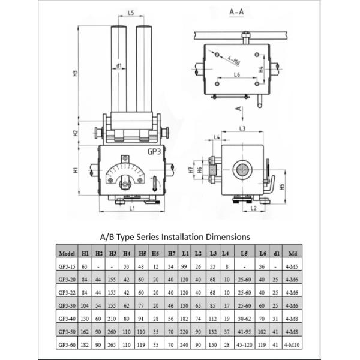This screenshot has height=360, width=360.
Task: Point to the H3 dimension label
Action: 76,73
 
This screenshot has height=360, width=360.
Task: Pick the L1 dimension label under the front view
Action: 132,207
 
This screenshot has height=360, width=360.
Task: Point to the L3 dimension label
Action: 242,128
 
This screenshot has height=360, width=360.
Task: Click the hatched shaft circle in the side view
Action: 242,170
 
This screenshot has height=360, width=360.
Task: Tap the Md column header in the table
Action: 293,253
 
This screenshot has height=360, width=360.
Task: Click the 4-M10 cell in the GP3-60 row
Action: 293,346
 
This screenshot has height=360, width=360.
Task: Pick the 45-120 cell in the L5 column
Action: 245,346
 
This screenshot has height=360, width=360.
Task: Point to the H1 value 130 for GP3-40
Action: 86,319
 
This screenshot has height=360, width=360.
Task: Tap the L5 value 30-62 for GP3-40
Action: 245,319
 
